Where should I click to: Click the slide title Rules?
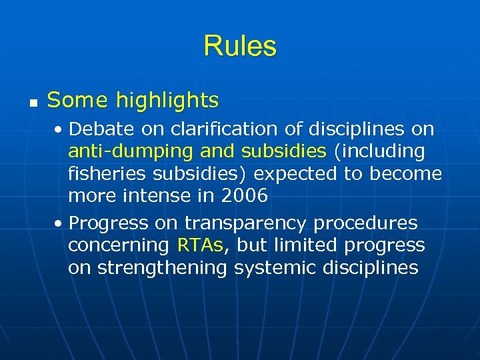click(240, 46)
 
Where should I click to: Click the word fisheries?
click(109, 174)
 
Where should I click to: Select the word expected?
click(294, 174)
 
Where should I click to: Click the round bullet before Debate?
click(61, 129)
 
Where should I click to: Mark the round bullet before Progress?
click(61, 223)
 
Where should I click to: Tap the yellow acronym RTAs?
click(202, 245)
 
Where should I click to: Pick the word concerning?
click(119, 245)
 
